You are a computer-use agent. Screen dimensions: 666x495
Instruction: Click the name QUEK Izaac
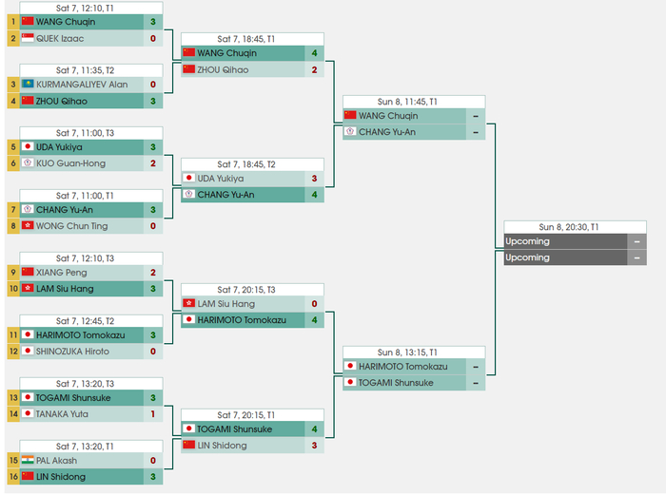(x=59, y=38)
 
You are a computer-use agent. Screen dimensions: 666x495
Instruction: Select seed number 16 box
(x=12, y=476)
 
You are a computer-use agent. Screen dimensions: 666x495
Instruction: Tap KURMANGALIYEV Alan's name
(x=82, y=85)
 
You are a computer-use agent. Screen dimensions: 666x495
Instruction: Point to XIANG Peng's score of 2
(x=152, y=273)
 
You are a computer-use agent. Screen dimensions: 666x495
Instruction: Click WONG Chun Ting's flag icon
(x=27, y=226)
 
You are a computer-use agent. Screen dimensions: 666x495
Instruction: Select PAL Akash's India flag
(x=27, y=460)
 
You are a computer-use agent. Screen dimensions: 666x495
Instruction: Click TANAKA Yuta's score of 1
(x=152, y=413)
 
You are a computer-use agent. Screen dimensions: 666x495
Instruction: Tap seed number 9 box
(x=12, y=273)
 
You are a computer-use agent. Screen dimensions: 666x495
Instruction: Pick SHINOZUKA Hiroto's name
(x=72, y=351)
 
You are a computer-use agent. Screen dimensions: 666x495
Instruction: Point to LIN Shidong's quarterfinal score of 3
(x=314, y=445)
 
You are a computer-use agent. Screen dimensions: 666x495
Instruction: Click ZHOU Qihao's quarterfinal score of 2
(x=314, y=69)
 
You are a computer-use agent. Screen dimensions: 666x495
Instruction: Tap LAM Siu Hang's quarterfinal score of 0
(x=314, y=304)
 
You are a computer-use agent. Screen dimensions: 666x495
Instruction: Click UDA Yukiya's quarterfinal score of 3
(x=314, y=179)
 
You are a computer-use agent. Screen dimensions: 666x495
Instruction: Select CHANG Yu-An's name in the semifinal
(x=387, y=132)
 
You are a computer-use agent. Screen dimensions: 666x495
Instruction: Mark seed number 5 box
(x=12, y=147)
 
